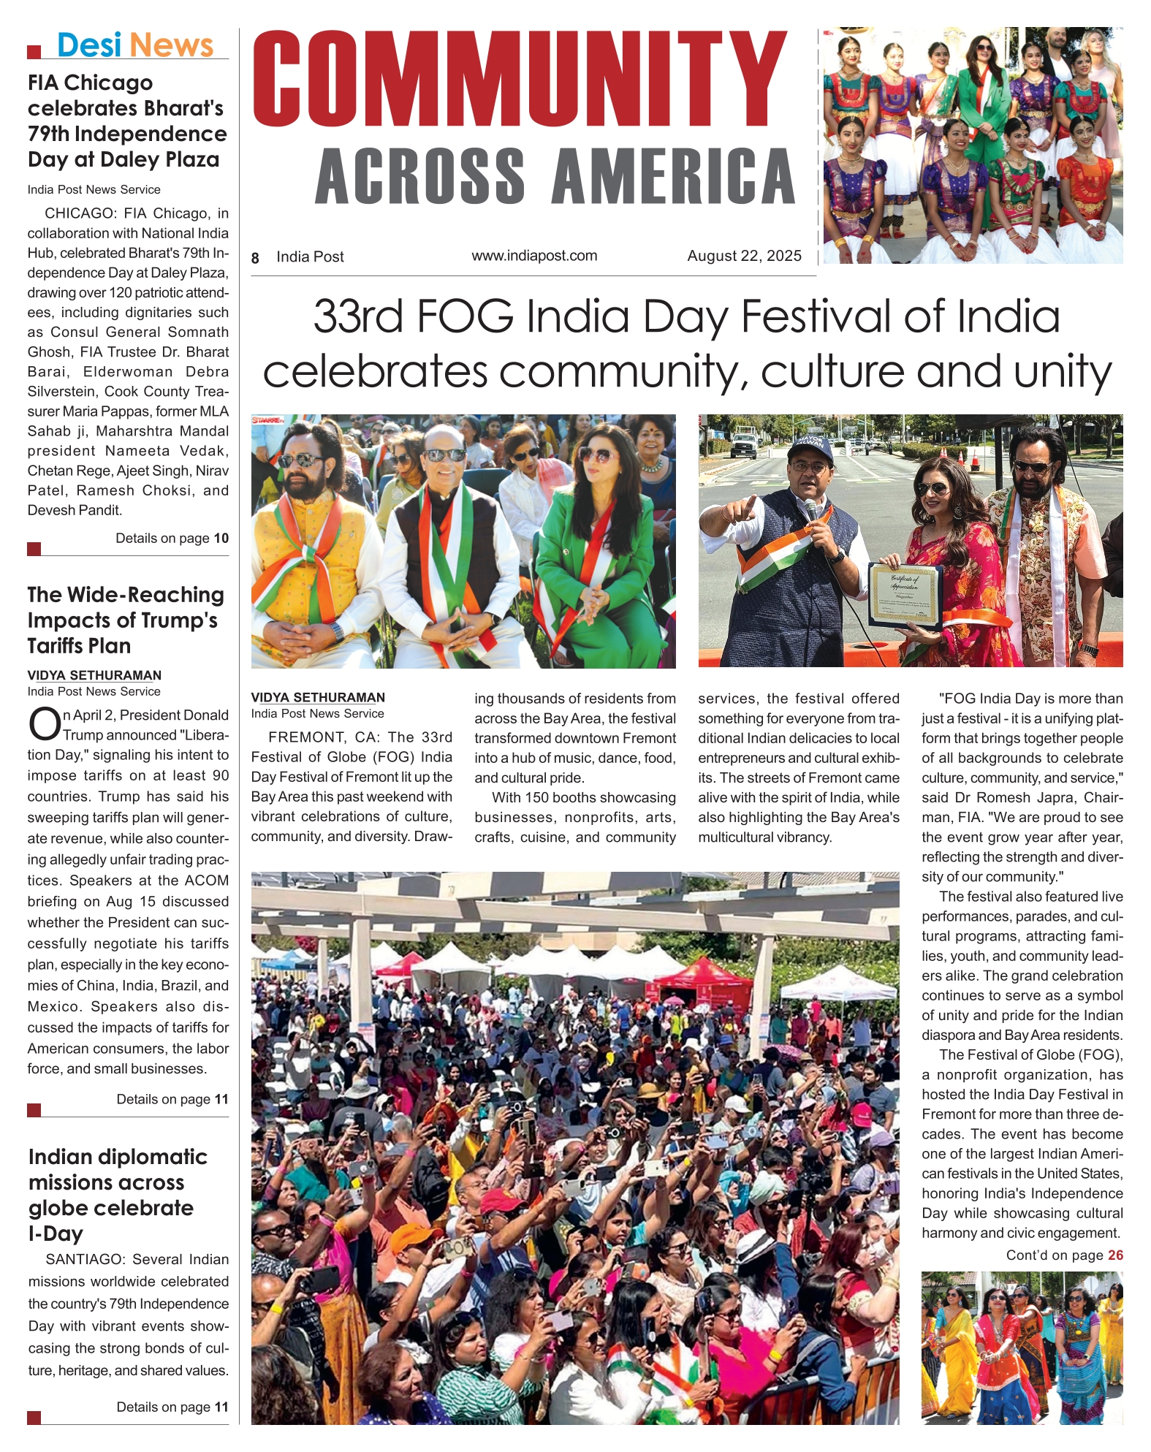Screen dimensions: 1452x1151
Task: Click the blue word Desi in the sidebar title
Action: [88, 45]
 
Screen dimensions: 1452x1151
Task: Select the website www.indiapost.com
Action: [534, 256]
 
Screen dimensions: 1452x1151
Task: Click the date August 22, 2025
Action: [744, 256]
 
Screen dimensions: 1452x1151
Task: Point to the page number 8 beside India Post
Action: [255, 258]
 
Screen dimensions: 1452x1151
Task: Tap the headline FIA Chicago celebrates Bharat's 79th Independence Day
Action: [126, 121]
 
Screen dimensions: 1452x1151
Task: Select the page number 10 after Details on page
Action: [221, 539]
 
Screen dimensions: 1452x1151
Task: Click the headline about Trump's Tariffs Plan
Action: [125, 620]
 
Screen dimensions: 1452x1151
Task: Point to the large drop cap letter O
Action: [44, 724]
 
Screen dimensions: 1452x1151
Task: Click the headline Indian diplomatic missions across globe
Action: [117, 1194]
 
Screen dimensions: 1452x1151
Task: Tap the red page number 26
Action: [1115, 1255]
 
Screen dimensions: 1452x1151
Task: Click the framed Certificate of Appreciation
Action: [904, 595]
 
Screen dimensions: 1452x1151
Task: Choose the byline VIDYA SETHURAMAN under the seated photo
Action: [318, 698]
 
